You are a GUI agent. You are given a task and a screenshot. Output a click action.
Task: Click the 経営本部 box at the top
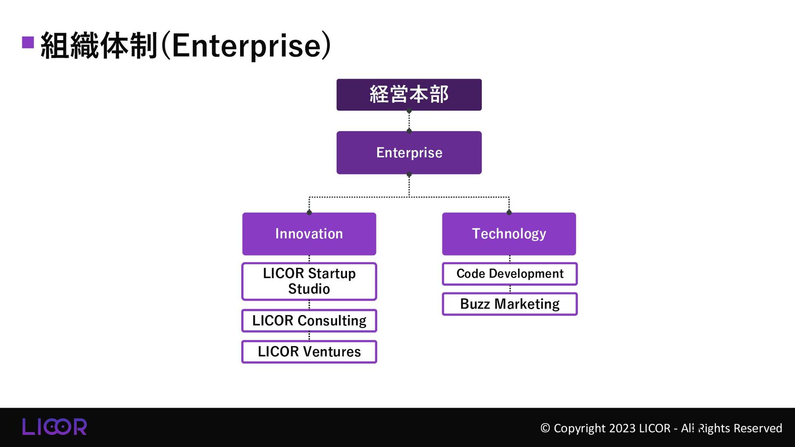click(x=409, y=95)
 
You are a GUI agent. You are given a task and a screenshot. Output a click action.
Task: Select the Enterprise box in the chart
click(x=409, y=153)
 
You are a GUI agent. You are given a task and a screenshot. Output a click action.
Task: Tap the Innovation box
click(x=309, y=234)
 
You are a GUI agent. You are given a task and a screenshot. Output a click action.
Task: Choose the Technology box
click(x=509, y=234)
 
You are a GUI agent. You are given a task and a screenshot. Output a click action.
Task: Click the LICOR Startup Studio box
click(x=309, y=281)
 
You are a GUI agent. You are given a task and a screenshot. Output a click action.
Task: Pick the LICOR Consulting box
click(x=309, y=321)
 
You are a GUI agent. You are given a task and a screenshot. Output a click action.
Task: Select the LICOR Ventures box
click(x=309, y=352)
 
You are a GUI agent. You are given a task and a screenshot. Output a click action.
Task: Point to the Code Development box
click(x=510, y=274)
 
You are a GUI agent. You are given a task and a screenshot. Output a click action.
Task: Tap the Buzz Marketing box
click(x=510, y=304)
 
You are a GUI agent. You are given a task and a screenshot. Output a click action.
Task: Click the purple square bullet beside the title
click(x=28, y=43)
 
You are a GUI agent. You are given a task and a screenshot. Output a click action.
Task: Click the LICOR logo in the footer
click(x=54, y=427)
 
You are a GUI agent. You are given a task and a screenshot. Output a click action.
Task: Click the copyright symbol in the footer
click(x=545, y=428)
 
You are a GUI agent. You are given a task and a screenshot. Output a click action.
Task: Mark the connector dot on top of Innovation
click(x=309, y=213)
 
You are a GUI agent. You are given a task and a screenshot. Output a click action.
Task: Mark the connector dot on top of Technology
click(x=509, y=213)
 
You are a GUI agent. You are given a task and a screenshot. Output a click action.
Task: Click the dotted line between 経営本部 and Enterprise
click(x=409, y=121)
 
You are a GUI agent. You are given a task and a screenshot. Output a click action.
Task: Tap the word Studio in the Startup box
click(x=309, y=289)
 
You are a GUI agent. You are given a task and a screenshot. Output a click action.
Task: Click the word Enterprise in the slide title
click(x=246, y=46)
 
